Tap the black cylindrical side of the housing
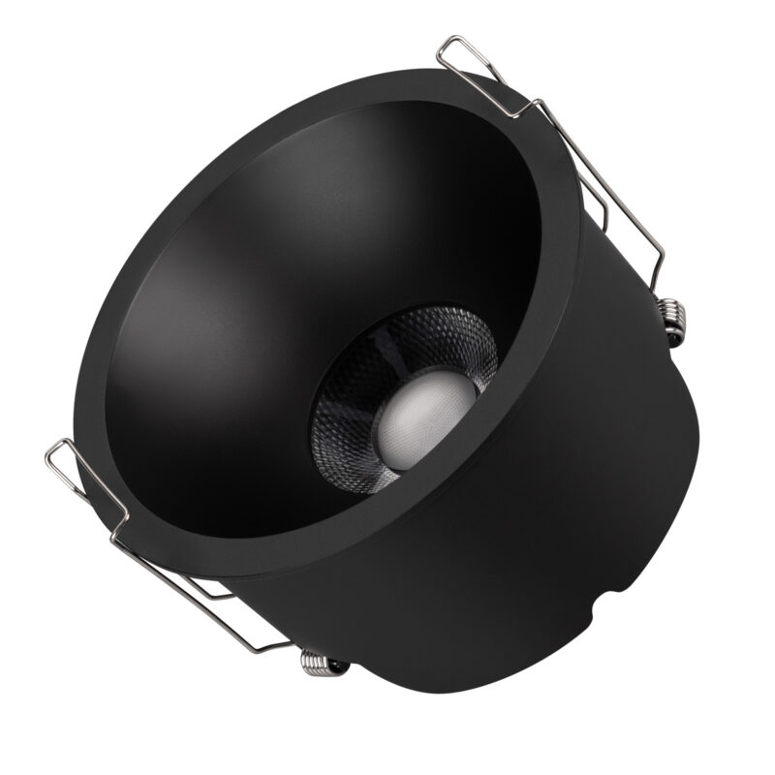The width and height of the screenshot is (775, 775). (542, 542)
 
